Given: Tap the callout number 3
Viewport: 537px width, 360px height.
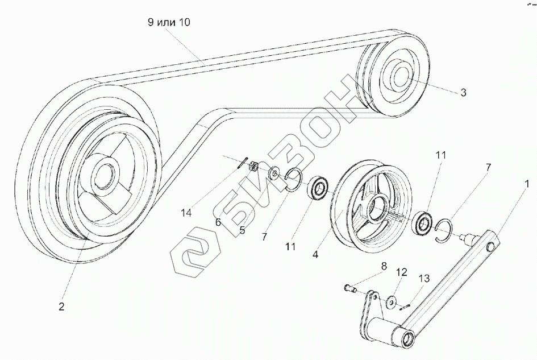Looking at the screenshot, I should point(463,92).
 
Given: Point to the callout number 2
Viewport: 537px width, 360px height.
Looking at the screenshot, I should point(61,307).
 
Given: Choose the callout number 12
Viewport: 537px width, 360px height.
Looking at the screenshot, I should point(401,273).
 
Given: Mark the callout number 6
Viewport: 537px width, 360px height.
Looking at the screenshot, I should point(218,223).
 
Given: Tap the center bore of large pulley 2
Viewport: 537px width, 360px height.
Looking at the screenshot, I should point(105,173).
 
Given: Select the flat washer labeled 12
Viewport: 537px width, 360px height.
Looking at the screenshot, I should point(392,301).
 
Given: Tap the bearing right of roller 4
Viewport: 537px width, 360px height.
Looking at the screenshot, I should point(423,224).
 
